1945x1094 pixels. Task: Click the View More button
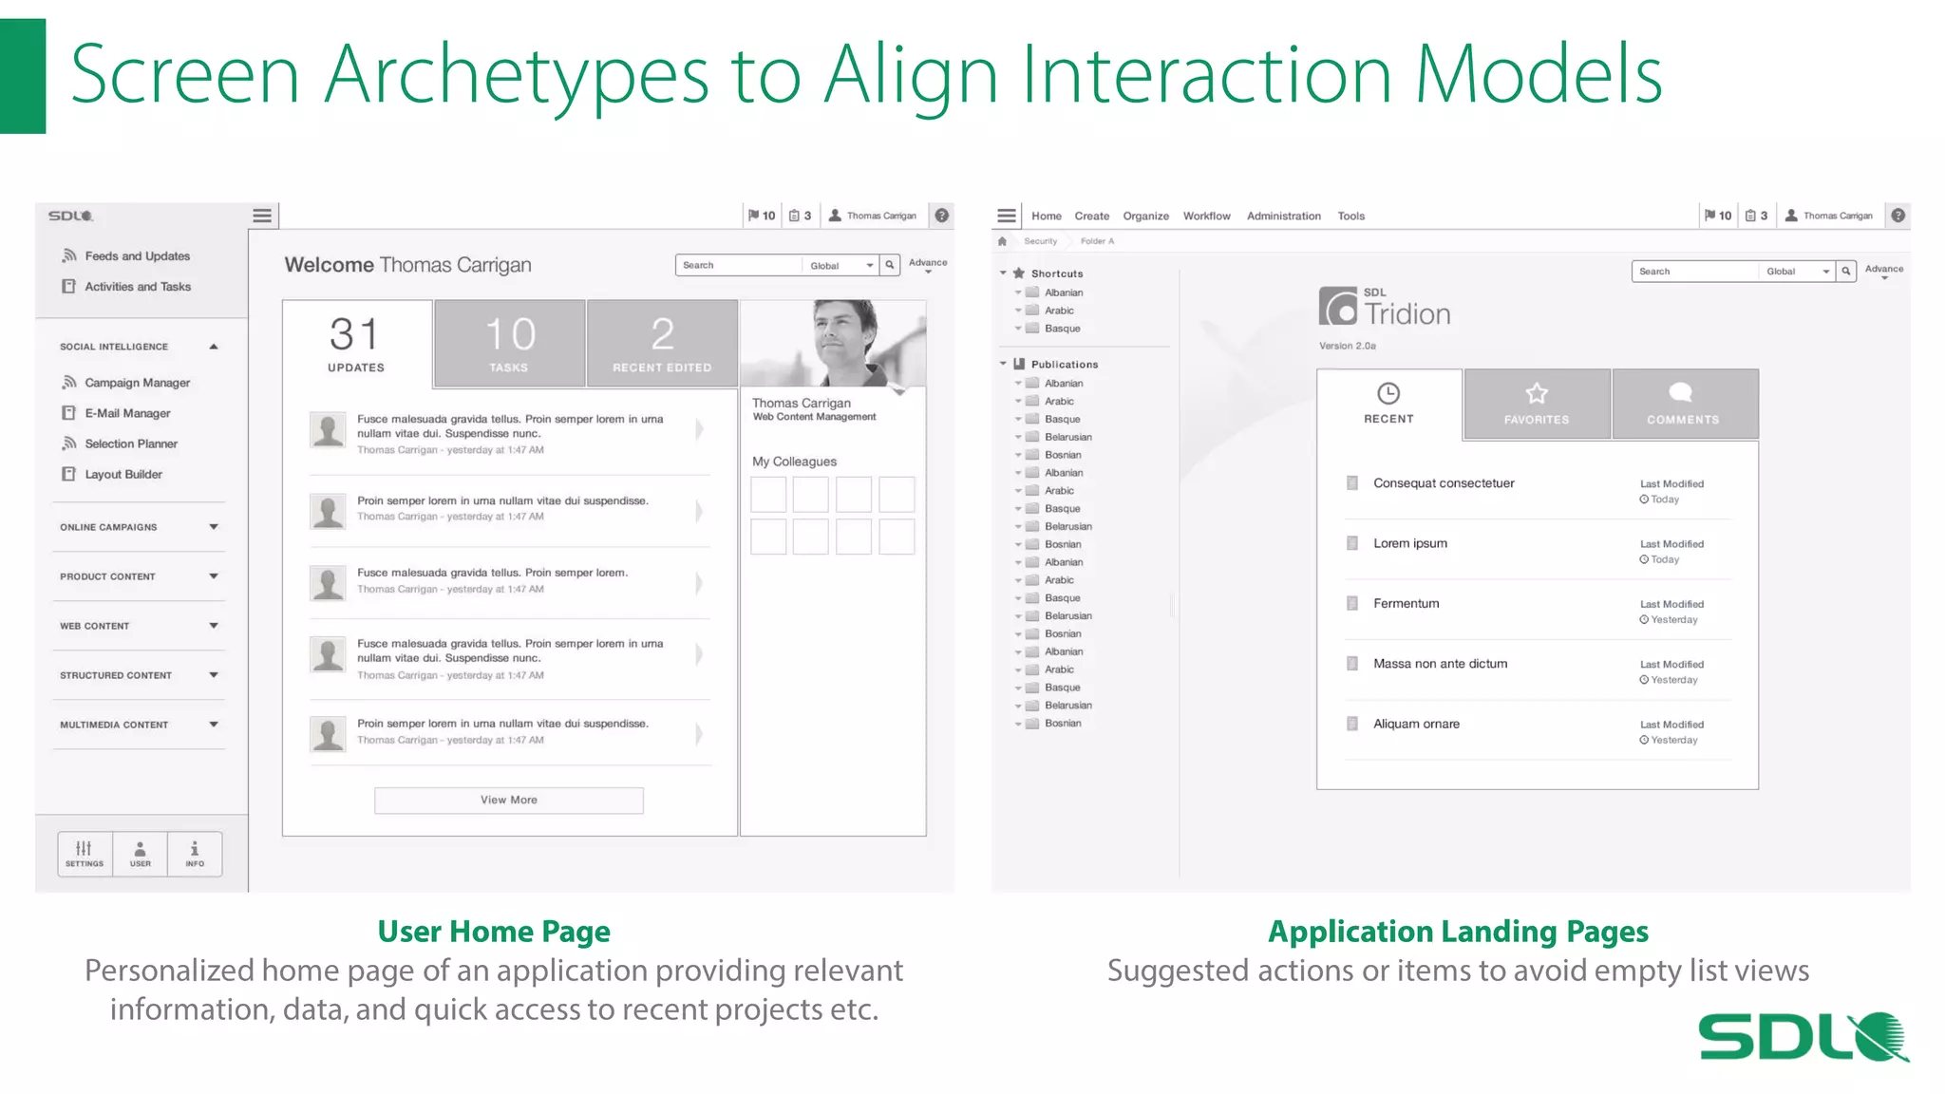click(x=509, y=800)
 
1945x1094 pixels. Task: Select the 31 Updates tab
click(x=357, y=344)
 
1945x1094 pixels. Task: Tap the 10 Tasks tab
click(x=510, y=344)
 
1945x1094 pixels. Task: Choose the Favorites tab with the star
click(x=1537, y=404)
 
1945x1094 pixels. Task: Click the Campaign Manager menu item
click(x=137, y=383)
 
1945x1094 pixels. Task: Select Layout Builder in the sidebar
click(x=123, y=474)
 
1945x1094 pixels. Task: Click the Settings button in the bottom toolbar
click(x=85, y=854)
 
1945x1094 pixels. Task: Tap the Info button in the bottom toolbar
click(x=195, y=854)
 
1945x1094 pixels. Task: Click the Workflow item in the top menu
click(x=1206, y=217)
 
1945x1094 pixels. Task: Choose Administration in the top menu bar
click(x=1283, y=217)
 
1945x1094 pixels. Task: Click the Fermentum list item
click(x=1406, y=604)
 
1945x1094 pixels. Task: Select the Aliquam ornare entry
click(x=1416, y=724)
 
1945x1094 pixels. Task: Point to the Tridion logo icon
click(x=1339, y=307)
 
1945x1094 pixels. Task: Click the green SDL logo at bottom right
click(x=1802, y=1036)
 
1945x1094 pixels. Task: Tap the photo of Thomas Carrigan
click(x=833, y=343)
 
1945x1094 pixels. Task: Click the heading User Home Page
click(x=494, y=932)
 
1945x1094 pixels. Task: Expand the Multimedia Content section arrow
click(x=214, y=725)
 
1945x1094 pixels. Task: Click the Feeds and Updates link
click(x=137, y=256)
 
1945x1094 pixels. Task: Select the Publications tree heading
click(x=1064, y=365)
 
